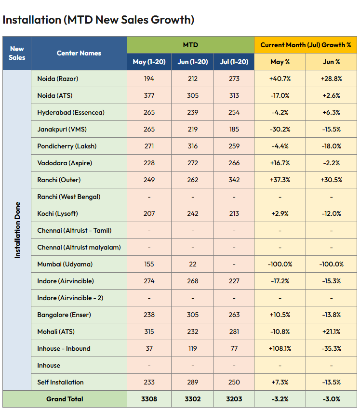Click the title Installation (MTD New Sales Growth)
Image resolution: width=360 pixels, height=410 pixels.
coord(98,20)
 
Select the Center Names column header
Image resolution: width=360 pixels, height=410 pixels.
coord(79,53)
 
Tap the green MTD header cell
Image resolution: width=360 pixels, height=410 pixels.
coord(190,45)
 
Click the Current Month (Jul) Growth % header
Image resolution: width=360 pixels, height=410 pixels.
coord(306,45)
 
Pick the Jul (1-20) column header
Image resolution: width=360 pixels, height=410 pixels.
coord(234,62)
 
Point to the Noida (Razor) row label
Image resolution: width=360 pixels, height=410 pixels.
coord(57,79)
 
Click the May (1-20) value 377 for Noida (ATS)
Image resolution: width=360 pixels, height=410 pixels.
coord(149,95)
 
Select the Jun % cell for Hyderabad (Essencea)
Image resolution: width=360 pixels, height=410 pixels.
coord(331,112)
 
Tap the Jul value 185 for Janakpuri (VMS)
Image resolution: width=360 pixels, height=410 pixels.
coord(234,129)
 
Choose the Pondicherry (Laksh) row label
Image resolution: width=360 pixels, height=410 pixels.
coord(67,146)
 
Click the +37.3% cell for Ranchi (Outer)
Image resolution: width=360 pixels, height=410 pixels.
coord(280,180)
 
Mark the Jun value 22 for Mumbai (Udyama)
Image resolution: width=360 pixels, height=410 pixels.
coord(193,264)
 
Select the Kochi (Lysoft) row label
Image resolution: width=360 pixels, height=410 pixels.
coord(57,213)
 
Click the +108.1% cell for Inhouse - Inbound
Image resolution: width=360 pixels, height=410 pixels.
coord(280,348)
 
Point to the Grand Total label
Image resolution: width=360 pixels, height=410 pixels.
coord(65,399)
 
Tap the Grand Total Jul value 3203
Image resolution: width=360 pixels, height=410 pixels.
coord(234,399)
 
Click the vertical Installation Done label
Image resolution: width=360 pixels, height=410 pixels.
coord(17,230)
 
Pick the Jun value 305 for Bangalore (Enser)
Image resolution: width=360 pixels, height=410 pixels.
coord(193,315)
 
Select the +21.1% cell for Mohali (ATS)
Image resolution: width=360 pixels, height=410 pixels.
coord(331,331)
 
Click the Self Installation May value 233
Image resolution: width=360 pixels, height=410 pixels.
coord(149,382)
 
